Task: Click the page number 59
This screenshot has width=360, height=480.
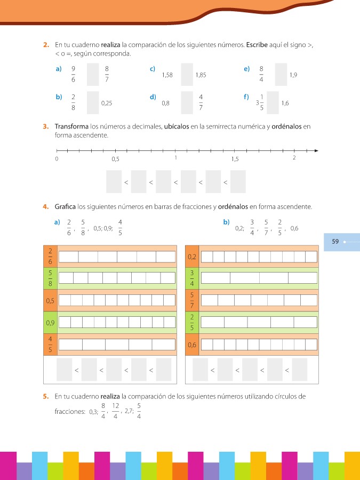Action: coord(335,242)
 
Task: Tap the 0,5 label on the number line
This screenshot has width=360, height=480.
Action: coord(115,159)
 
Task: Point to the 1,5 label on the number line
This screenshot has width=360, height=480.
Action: coord(235,159)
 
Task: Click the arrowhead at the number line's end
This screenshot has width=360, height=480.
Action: coord(316,150)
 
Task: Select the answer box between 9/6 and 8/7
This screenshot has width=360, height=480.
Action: coord(93,75)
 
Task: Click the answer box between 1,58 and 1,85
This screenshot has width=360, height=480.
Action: coord(187,75)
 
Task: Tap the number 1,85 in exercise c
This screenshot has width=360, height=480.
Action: coord(201,75)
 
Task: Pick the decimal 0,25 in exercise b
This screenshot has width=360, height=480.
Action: coord(106,103)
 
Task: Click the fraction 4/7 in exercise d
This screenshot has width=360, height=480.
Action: coord(201,102)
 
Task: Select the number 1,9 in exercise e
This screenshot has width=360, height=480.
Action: coord(293,75)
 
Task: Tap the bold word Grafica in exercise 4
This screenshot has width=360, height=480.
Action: coord(65,206)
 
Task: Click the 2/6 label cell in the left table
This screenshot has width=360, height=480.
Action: coord(50,256)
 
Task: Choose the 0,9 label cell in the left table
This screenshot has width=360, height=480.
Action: coord(50,322)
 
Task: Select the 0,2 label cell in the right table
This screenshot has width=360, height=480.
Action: coord(192,257)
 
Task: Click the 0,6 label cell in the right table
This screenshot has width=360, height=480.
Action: coord(192,345)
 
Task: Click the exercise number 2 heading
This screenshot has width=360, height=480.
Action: coord(46,46)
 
